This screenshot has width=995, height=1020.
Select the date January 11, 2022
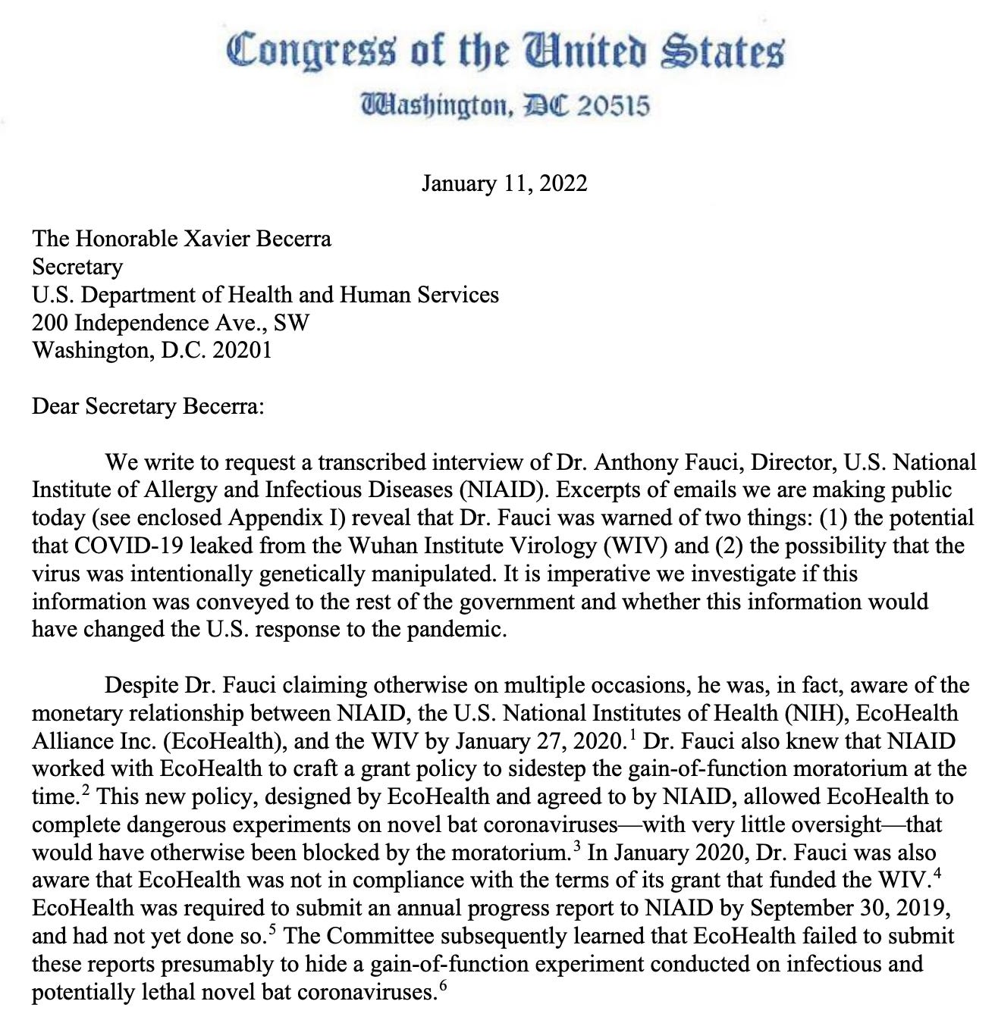(504, 183)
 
